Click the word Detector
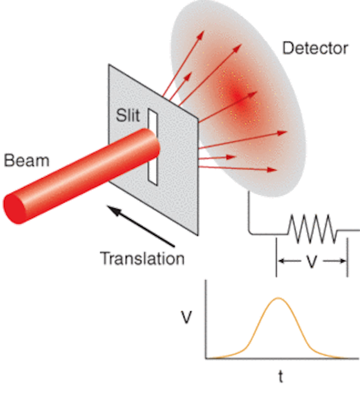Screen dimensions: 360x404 [x=315, y=48]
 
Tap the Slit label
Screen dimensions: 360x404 [x=128, y=115]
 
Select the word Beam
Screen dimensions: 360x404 [x=26, y=160]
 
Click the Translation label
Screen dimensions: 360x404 [x=142, y=258]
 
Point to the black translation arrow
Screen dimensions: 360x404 [x=141, y=226]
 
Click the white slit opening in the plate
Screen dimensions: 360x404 [x=153, y=147]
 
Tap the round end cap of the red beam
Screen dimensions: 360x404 [x=15, y=209]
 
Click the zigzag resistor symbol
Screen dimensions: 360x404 [x=312, y=229]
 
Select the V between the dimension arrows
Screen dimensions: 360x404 [x=312, y=261]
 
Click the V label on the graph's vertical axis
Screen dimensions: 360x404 [x=186, y=317]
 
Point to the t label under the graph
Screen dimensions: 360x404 [x=281, y=376]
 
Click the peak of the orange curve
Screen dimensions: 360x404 [x=279, y=299]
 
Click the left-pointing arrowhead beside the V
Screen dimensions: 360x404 [x=281, y=261]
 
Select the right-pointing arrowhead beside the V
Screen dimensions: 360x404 [x=343, y=261]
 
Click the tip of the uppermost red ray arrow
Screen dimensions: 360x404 [x=204, y=31]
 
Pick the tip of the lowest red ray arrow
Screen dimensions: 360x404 [x=277, y=170]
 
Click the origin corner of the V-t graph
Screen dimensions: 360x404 [x=206, y=358]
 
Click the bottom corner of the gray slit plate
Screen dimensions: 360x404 [x=198, y=235]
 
